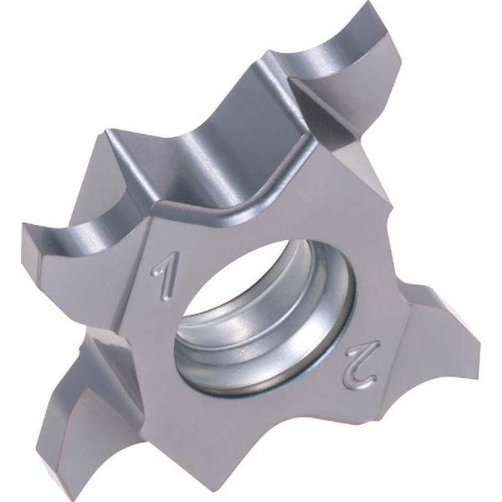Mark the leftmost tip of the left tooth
23,223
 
